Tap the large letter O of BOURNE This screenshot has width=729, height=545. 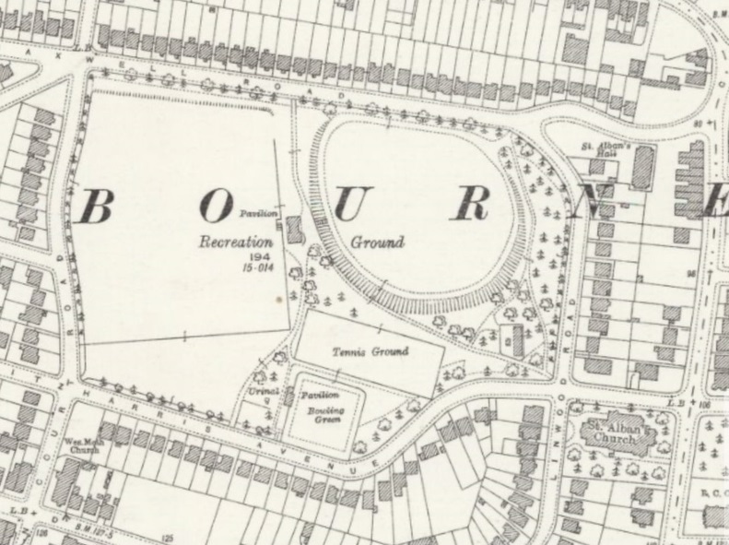(215, 208)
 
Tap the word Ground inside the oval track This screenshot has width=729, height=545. (378, 243)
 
